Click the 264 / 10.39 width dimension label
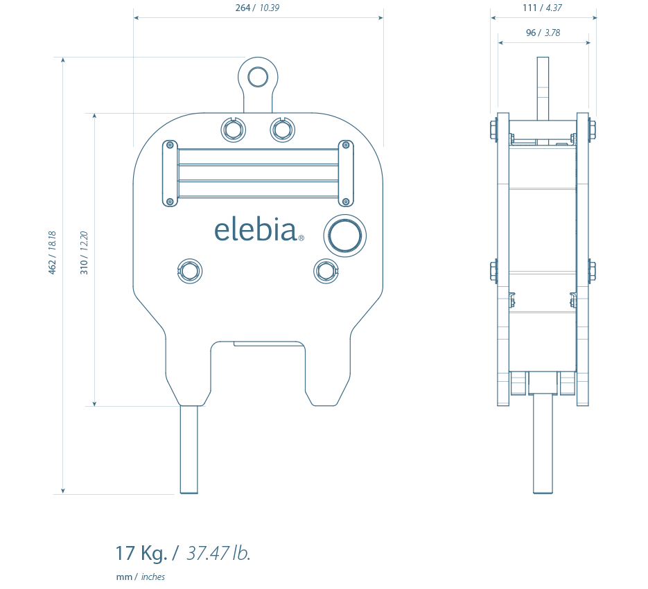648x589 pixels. pyautogui.click(x=257, y=8)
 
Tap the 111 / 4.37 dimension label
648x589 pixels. pyautogui.click(x=542, y=8)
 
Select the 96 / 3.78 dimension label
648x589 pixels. pyautogui.click(x=543, y=33)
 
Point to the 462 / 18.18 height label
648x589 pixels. pyautogui.click(x=52, y=252)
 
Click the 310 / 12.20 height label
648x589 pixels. pyautogui.click(x=84, y=252)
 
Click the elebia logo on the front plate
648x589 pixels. pyautogui.click(x=259, y=230)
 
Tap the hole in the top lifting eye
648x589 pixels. pyautogui.click(x=258, y=77)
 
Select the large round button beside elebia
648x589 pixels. pyautogui.click(x=344, y=236)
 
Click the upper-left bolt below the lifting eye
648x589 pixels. pyautogui.click(x=233, y=130)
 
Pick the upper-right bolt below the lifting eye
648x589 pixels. pyautogui.click(x=283, y=130)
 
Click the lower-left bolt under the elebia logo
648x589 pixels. pyautogui.click(x=190, y=271)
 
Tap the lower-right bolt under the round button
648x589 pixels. pyautogui.click(x=326, y=271)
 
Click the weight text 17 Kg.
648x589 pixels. pyautogui.click(x=141, y=553)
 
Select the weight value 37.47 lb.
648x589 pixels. pyautogui.click(x=218, y=553)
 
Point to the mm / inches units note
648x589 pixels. pyautogui.click(x=141, y=577)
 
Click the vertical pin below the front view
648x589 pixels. pyautogui.click(x=189, y=449)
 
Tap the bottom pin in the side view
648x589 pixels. pyautogui.click(x=543, y=443)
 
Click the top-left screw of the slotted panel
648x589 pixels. pyautogui.click(x=170, y=145)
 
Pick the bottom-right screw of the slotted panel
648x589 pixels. pyautogui.click(x=346, y=202)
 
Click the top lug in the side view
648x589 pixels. pyautogui.click(x=543, y=89)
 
